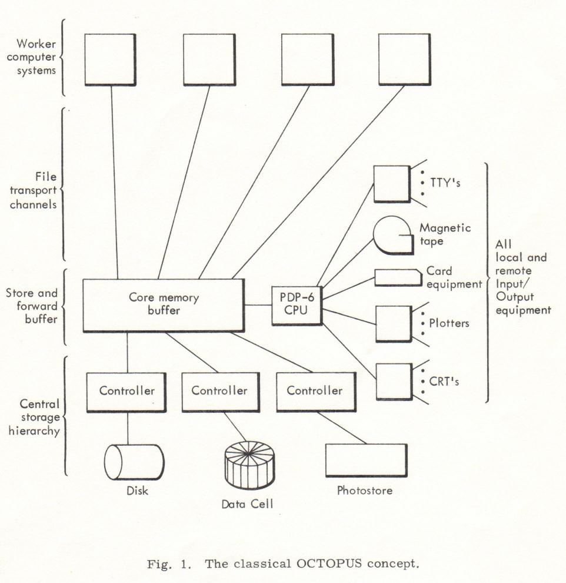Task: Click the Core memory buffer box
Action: tap(164, 305)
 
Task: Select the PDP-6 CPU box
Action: tap(297, 306)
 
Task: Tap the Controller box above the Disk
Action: tap(126, 392)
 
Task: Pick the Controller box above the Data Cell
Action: tap(221, 392)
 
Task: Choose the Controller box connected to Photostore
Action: tap(316, 392)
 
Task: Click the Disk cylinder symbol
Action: tap(134, 462)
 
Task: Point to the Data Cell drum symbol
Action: tap(249, 465)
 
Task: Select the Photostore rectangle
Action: tap(366, 461)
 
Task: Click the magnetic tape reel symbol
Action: tap(393, 236)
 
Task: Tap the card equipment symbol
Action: tap(398, 278)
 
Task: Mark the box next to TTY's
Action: tap(392, 184)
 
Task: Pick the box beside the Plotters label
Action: tap(394, 324)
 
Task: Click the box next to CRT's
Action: tap(394, 382)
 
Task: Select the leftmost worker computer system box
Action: tap(110, 60)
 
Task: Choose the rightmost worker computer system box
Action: tap(405, 60)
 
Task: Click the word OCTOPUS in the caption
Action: tap(329, 564)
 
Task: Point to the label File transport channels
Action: tap(34, 190)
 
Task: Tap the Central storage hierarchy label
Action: tap(34, 417)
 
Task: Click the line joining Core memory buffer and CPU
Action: tap(258, 305)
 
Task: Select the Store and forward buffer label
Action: tap(32, 306)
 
